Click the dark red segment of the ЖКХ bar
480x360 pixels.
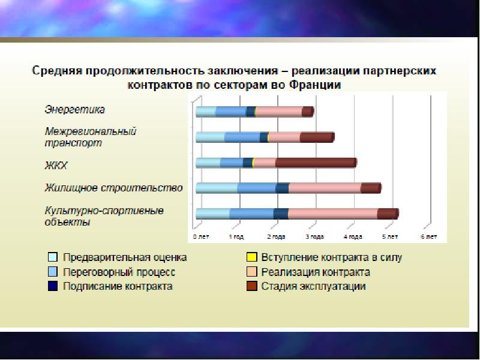316,163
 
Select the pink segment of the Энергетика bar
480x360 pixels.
279,112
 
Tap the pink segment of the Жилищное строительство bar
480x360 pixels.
325,188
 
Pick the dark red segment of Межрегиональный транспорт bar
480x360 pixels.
317,137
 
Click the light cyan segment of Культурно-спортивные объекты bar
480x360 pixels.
213,214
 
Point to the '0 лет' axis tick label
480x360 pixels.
201,236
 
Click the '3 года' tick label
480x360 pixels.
314,236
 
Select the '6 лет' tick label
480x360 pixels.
429,236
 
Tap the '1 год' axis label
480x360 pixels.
236,236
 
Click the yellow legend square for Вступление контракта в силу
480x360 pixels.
251,257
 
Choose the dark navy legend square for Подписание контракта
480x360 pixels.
53,286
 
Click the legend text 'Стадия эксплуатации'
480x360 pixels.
313,287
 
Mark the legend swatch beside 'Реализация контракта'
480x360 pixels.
251,272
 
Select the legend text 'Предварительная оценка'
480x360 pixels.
125,257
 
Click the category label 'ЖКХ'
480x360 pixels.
56,166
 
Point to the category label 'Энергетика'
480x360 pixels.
74,110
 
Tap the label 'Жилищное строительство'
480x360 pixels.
113,188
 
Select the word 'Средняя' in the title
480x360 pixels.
57,71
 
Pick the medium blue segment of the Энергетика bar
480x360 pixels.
232,112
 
